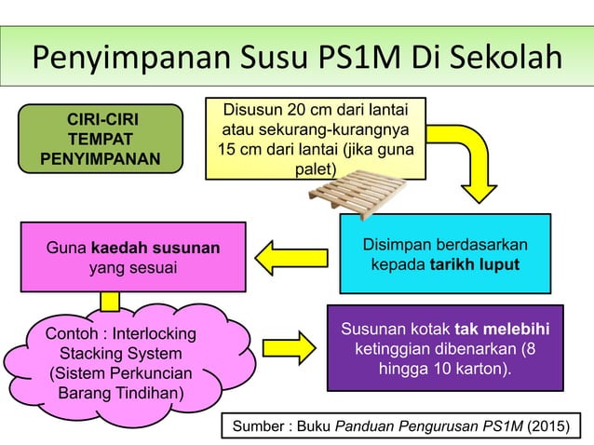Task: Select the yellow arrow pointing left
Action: pos(290,257)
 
